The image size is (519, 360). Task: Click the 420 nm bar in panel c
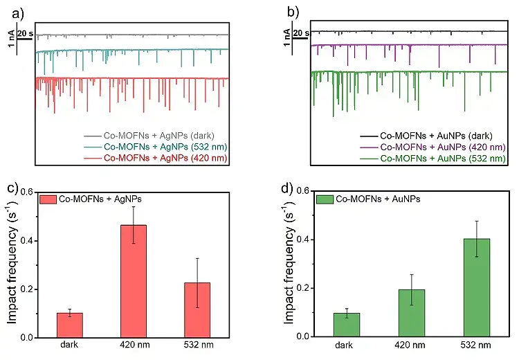click(x=138, y=281)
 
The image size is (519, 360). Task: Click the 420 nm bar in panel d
click(x=412, y=313)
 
